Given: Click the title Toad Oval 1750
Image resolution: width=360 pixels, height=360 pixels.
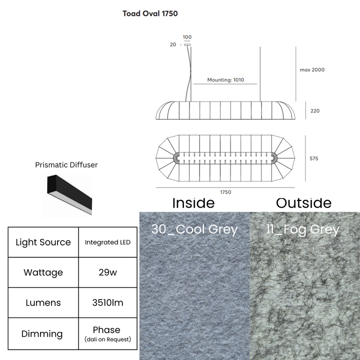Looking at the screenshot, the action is (x=150, y=13).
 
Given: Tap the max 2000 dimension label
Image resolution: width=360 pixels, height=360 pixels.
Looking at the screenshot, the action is (x=312, y=70).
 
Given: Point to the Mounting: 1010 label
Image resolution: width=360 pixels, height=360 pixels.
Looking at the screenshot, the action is (x=225, y=80).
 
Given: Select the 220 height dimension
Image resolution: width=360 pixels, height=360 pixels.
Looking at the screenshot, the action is (x=315, y=111).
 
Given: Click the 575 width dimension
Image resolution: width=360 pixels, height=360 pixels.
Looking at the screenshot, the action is (x=314, y=158).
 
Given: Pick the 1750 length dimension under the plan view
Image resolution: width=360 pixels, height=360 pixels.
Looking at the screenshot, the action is (x=225, y=192).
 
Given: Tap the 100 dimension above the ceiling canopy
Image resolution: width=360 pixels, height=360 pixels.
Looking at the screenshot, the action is (x=187, y=37).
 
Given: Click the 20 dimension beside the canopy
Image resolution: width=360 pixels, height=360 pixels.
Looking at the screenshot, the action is (x=173, y=44).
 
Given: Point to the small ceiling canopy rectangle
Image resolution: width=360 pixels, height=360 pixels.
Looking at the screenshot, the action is (x=187, y=45).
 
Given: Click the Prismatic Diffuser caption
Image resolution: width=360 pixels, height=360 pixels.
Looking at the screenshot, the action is (x=66, y=165).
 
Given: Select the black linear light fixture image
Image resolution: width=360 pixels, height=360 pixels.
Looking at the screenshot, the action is (x=69, y=195).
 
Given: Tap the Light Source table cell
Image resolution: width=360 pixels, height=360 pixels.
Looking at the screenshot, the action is (x=43, y=242).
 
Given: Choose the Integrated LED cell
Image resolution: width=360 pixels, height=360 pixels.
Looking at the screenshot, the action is (x=107, y=242).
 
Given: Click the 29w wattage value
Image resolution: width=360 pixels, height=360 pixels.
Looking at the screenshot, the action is (x=107, y=272).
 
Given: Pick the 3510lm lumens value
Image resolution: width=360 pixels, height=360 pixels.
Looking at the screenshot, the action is (x=107, y=302).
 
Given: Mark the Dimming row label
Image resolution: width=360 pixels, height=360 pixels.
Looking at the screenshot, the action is (x=42, y=333).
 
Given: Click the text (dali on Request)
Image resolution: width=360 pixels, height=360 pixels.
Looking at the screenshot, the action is (x=107, y=339).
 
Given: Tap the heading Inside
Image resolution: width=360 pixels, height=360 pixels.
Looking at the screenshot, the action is (x=193, y=203).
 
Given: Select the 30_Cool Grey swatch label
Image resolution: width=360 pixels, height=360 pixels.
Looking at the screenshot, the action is (x=194, y=229).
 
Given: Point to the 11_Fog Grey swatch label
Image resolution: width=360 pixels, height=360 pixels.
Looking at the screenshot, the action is (x=302, y=229).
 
